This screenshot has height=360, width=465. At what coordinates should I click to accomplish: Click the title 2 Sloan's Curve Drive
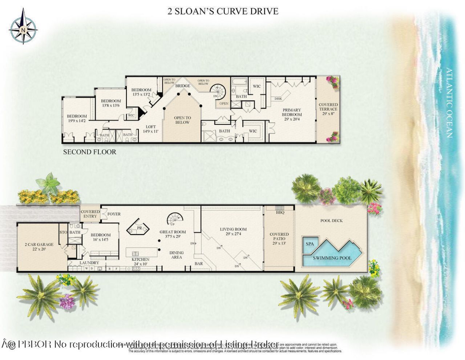point(223,11)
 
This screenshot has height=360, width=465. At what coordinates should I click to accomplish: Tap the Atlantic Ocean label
point(449,103)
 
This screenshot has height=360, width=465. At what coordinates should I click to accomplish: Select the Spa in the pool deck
point(310,244)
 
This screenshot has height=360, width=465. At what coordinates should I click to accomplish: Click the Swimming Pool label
point(332,258)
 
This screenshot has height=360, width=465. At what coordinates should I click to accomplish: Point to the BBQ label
point(280,212)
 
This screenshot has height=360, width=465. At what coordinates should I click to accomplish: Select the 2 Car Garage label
point(39,247)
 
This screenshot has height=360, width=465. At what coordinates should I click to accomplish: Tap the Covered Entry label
point(90,214)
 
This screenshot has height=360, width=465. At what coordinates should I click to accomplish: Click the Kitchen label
point(140,260)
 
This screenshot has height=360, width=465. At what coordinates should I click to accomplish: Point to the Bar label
point(199,264)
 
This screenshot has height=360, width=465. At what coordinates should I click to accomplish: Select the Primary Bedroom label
point(292,112)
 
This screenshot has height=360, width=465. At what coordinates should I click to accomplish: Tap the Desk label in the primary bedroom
point(278,99)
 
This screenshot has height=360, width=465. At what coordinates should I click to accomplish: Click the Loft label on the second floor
point(151,129)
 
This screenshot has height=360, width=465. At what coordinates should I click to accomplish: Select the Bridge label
point(182,86)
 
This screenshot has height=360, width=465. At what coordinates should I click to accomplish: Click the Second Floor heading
point(90,152)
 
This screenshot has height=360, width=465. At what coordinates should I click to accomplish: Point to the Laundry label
point(89,263)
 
